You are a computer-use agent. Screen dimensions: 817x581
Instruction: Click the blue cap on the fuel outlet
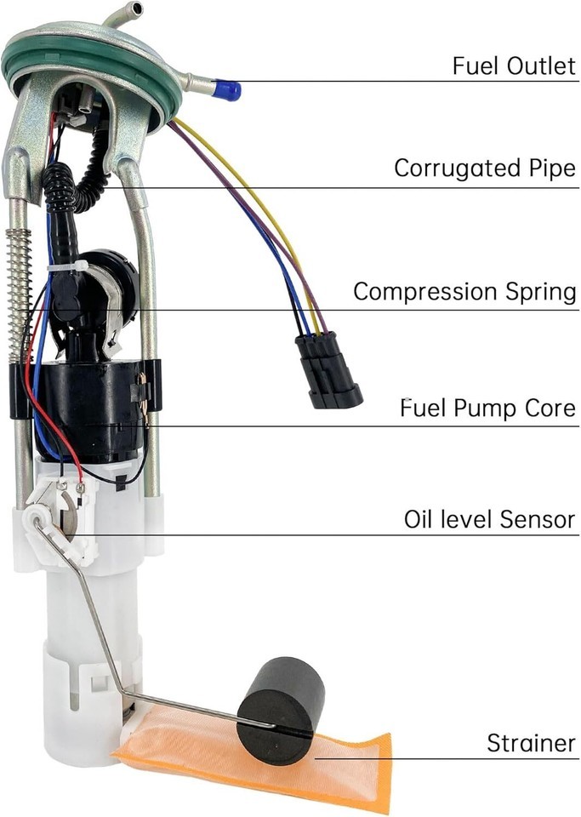coord(228,89)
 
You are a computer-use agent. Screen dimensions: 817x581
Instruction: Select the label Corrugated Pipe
coord(484,168)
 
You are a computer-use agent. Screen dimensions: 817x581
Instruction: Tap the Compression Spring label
coord(464,292)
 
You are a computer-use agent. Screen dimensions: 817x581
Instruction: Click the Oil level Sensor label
coord(490,518)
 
